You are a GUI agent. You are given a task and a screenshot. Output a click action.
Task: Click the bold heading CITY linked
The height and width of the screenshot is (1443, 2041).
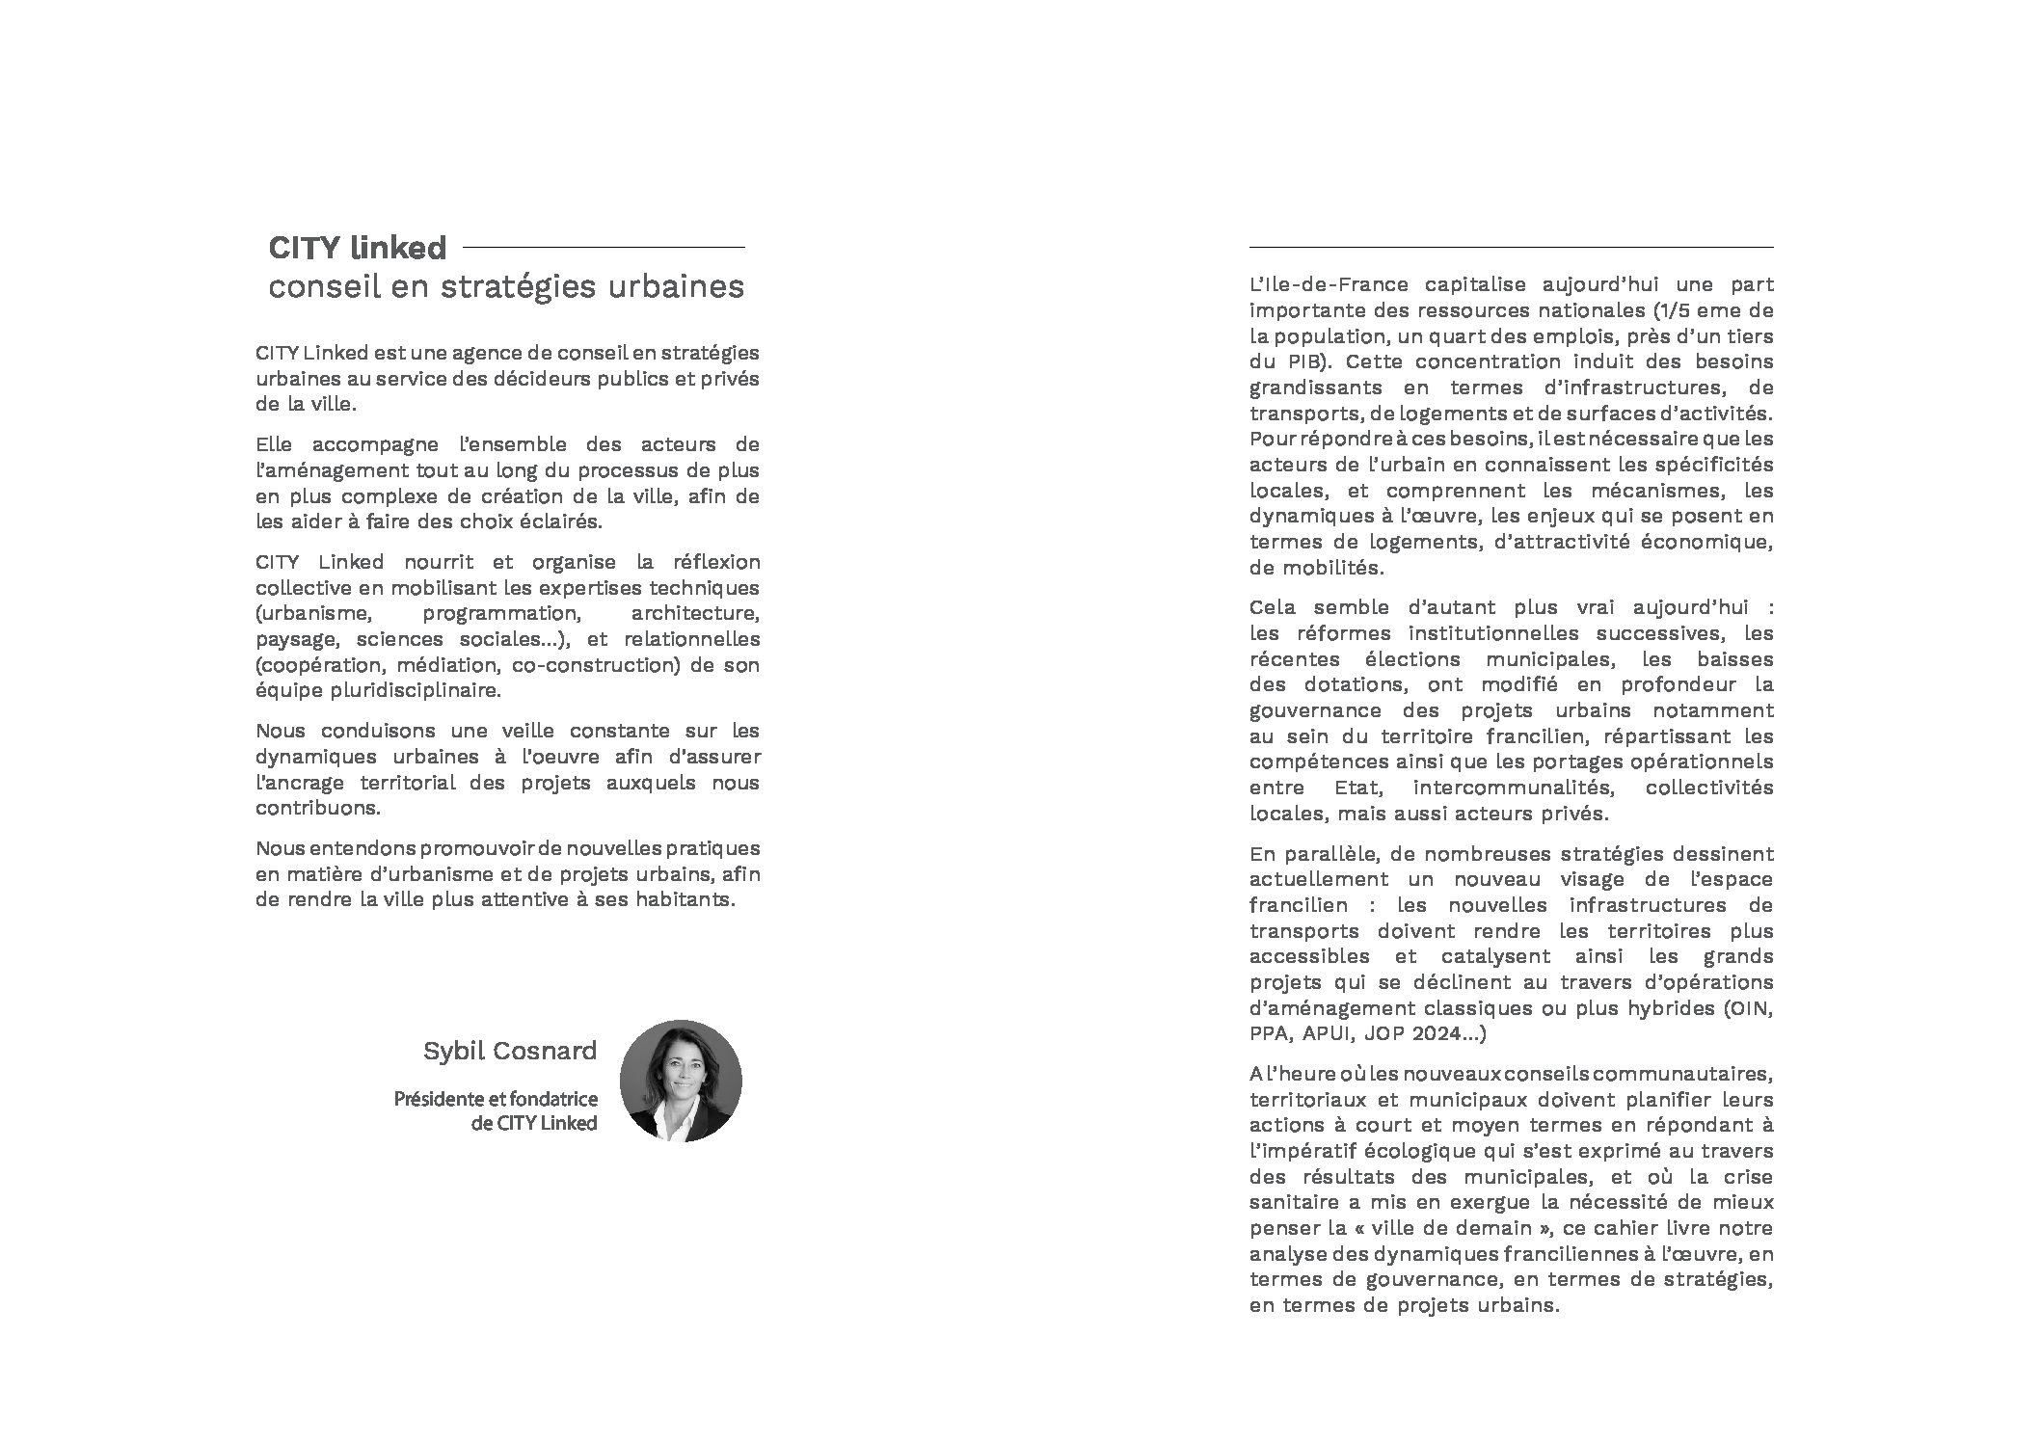pos(357,249)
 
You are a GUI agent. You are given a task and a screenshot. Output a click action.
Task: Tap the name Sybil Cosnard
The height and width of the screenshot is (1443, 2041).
pos(509,1051)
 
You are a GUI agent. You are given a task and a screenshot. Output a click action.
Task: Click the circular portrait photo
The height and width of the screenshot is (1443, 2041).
pos(681,1082)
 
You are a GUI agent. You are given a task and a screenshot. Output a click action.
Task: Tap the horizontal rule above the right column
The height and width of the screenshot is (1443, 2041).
pos(1511,248)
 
